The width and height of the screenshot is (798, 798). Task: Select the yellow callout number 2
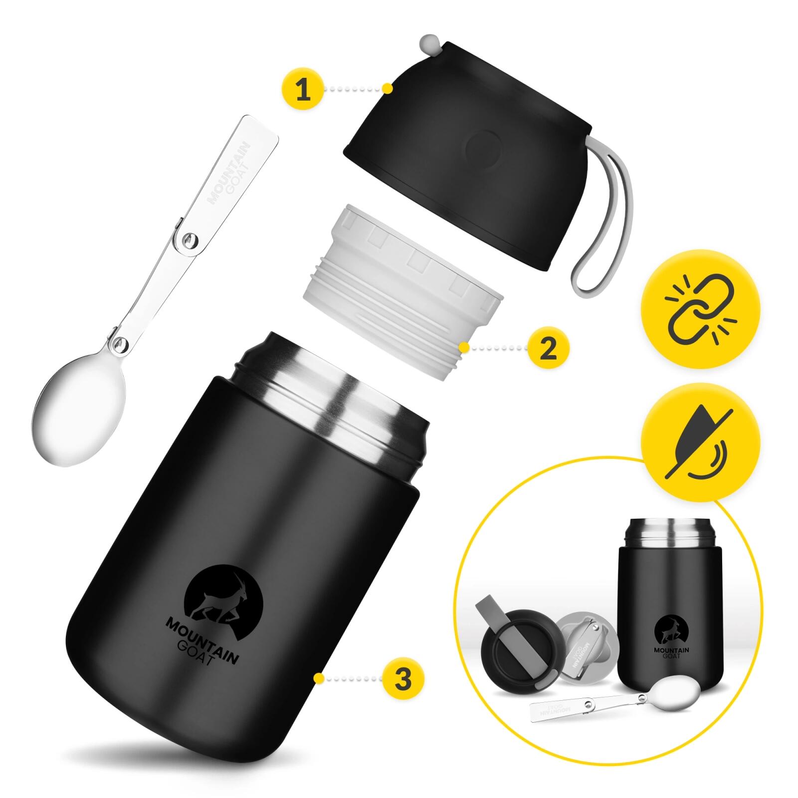(x=548, y=348)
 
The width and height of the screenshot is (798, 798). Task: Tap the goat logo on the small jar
(x=671, y=629)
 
